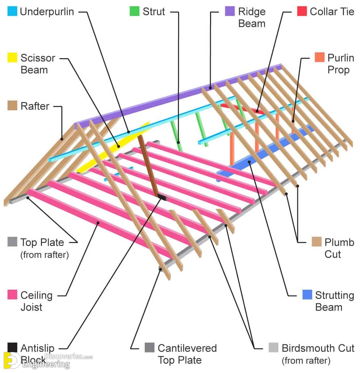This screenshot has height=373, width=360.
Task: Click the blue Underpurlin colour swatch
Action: click(x=12, y=12)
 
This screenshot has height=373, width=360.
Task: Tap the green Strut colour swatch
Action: click(x=134, y=12)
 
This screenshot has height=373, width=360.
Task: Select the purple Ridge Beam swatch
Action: click(x=230, y=12)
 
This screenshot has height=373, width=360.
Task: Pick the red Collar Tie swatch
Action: click(x=302, y=12)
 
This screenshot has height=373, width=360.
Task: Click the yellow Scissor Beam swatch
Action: click(x=12, y=58)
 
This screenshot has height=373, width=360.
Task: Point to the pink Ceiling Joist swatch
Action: click(x=12, y=295)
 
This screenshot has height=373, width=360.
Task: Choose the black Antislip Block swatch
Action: click(x=12, y=348)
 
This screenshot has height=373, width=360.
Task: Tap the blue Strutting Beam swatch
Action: click(x=307, y=295)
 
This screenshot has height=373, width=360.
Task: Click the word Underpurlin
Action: click(x=47, y=12)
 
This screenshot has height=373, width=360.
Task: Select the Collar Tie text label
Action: click(x=332, y=12)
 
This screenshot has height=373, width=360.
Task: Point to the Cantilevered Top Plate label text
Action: click(x=187, y=354)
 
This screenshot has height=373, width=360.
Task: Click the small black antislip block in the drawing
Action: click(x=162, y=197)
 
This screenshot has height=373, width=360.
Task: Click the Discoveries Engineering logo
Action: click(x=46, y=360)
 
